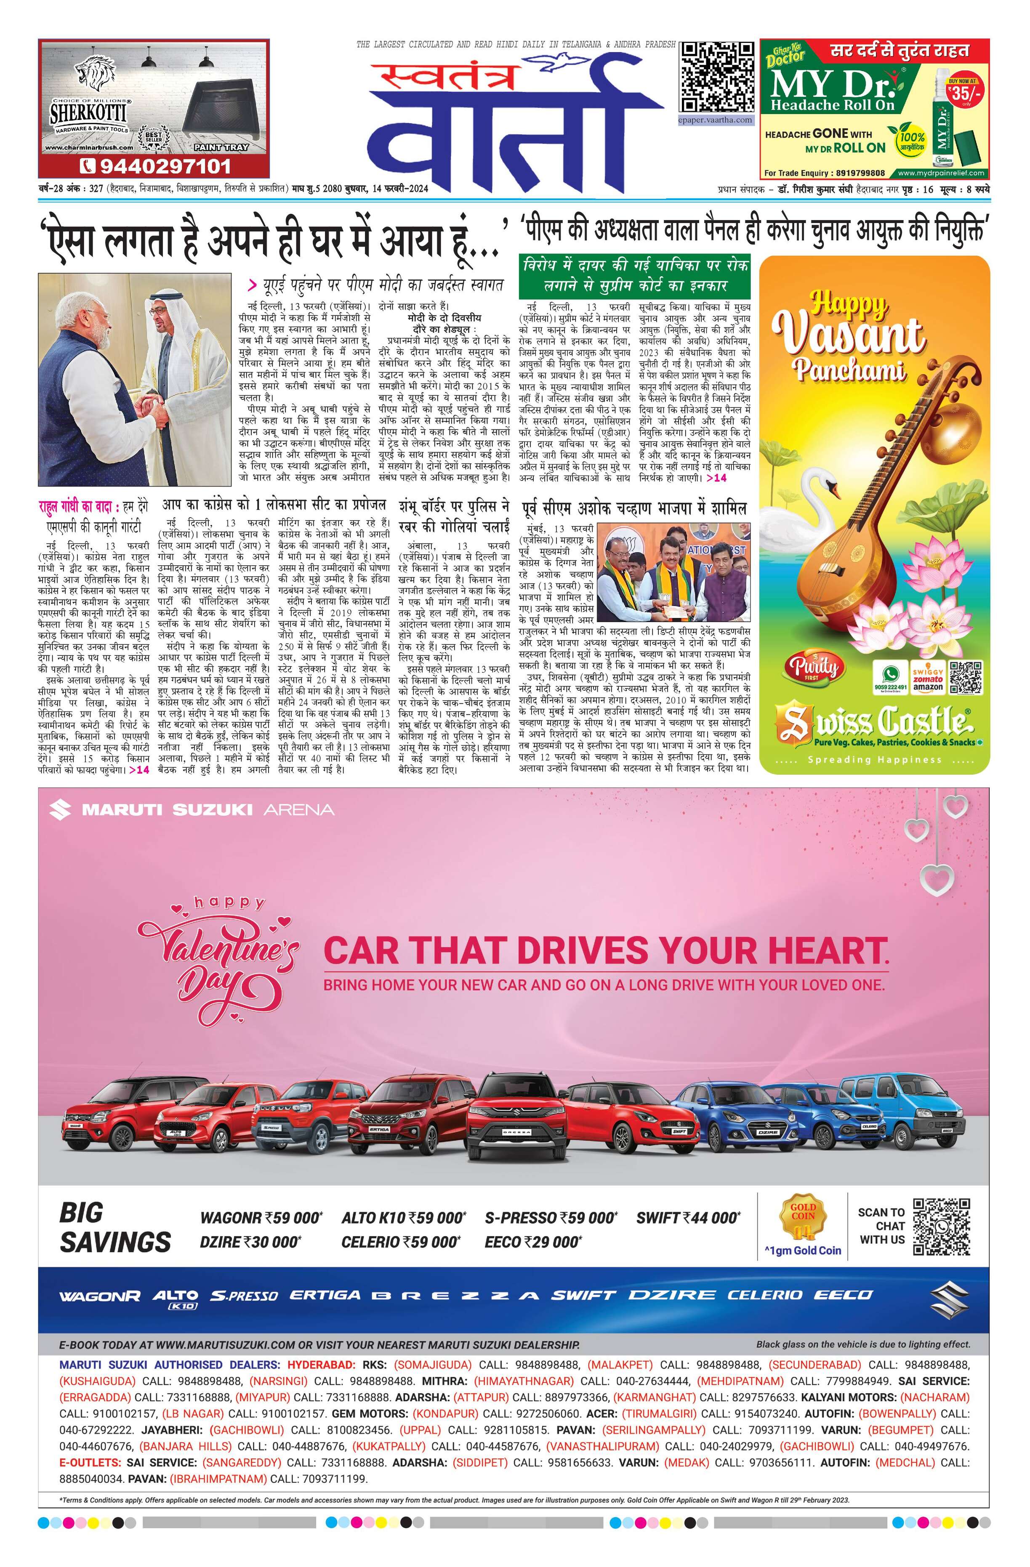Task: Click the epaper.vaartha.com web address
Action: [x=716, y=120]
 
